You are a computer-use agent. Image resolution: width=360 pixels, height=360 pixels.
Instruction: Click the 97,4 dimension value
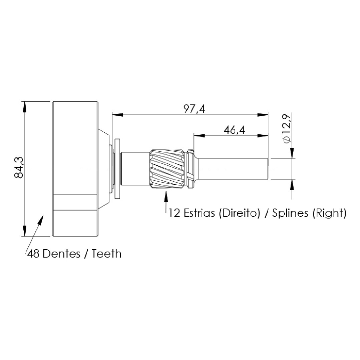click(x=194, y=109)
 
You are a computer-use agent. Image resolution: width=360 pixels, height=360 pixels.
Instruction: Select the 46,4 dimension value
click(x=235, y=130)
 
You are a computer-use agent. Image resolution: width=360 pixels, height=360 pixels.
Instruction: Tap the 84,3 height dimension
click(x=19, y=167)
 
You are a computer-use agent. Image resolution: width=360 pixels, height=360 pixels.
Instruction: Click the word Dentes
click(x=61, y=254)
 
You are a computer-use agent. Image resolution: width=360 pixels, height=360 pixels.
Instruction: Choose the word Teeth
click(x=107, y=254)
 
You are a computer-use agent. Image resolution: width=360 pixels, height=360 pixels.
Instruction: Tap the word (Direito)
click(x=240, y=213)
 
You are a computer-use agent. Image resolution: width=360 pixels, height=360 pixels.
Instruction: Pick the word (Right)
click(x=329, y=213)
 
